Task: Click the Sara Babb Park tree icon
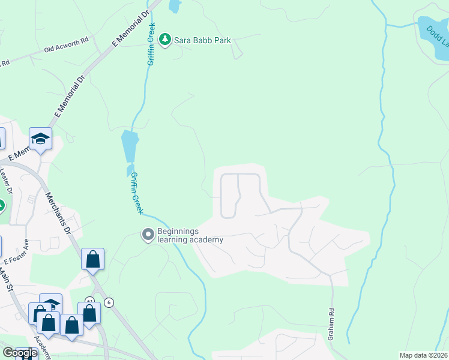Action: tap(165, 40)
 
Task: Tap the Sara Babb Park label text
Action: tap(202, 40)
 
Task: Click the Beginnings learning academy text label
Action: tap(190, 235)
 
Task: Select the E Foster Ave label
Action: tap(17, 253)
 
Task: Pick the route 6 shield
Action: tap(109, 302)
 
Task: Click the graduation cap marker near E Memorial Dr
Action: tap(40, 140)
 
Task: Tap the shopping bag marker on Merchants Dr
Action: tap(93, 260)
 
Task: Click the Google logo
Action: tap(19, 353)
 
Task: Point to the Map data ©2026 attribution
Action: tap(424, 355)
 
